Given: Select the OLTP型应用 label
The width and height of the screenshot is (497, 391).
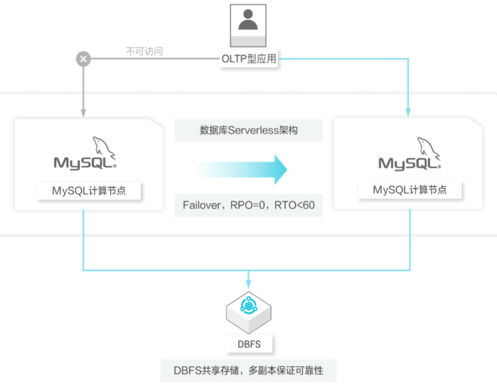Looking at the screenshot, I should [x=248, y=59].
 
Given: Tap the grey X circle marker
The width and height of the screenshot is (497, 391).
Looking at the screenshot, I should [x=83, y=59].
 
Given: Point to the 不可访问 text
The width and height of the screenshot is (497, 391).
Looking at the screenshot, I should [x=145, y=52].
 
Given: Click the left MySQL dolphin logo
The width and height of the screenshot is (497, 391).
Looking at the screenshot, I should [x=85, y=156].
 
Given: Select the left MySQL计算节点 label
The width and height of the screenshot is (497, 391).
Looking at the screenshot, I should [x=89, y=191].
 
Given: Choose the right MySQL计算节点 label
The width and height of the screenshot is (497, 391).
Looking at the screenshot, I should [x=410, y=190].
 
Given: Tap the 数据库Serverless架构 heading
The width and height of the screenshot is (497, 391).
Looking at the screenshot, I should [x=249, y=130].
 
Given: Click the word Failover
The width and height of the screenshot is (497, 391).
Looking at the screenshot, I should [x=201, y=205].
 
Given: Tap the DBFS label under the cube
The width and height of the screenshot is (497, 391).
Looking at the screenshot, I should [x=248, y=344].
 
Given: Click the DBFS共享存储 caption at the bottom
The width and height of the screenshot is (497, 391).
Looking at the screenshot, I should [x=248, y=370].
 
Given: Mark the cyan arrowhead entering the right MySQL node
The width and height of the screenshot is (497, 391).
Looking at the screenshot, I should [x=409, y=112].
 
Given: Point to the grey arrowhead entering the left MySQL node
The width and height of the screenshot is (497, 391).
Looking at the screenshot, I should [x=83, y=112].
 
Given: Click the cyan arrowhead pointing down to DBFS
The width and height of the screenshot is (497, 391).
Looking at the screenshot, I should [x=248, y=284].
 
